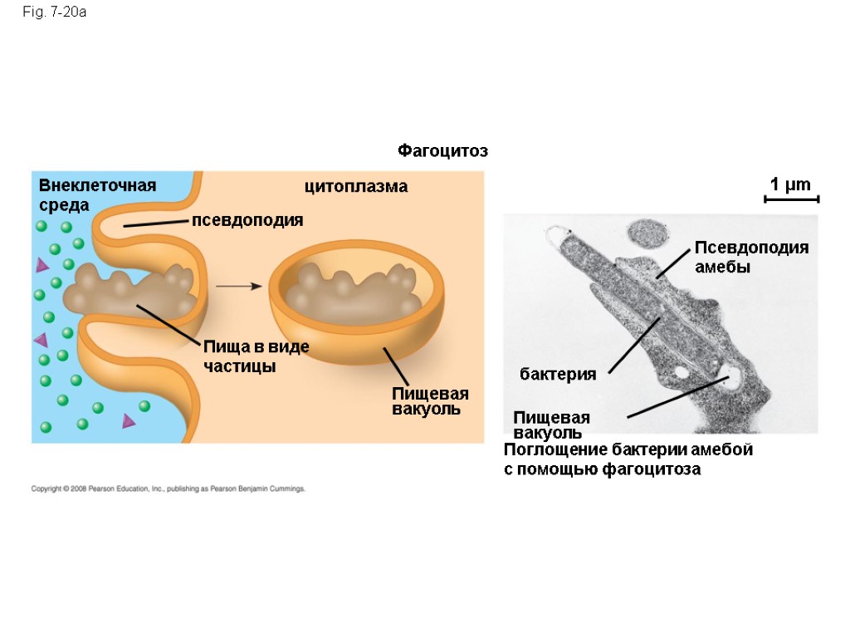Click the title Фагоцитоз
click(442, 151)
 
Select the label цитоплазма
click(356, 187)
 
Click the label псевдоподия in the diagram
click(247, 221)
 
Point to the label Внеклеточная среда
click(96, 194)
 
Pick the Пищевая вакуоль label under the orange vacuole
click(430, 401)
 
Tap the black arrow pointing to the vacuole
click(239, 286)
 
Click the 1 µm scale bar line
click(791, 199)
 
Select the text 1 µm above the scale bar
click(790, 184)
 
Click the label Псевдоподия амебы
click(750, 258)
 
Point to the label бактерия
click(558, 375)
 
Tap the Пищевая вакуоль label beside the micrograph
click(551, 425)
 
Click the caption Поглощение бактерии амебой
click(628, 450)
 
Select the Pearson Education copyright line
click(169, 489)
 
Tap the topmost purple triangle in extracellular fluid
click(42, 266)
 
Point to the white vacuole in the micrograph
click(733, 380)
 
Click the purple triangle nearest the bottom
click(129, 421)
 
